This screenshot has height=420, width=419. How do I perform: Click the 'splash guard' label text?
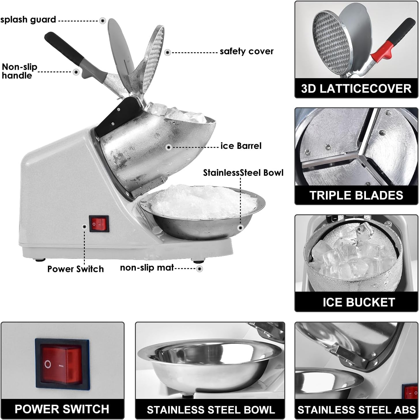28,20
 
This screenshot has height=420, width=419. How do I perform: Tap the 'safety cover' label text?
247,51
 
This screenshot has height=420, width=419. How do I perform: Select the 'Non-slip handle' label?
19,71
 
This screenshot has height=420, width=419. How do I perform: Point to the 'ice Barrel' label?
241,146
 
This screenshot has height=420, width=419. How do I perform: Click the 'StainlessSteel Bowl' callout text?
243,173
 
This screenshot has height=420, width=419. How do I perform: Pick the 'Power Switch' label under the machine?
76,269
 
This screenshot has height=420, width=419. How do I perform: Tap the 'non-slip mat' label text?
147,268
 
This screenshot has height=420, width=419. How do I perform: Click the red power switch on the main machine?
99,224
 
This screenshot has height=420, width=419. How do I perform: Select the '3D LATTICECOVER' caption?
356,89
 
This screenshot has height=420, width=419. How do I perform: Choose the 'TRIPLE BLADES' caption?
356,195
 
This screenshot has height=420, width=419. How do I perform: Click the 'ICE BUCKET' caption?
358,302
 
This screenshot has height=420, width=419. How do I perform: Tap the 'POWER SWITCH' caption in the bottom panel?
62,409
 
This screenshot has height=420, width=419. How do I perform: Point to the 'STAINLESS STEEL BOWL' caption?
211,410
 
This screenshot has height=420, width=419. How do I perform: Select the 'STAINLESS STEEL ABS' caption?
356,410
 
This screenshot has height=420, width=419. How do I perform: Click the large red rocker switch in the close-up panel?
62,364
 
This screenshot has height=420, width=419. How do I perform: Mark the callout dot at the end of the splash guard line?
103,21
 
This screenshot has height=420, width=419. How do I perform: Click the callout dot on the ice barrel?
169,147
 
